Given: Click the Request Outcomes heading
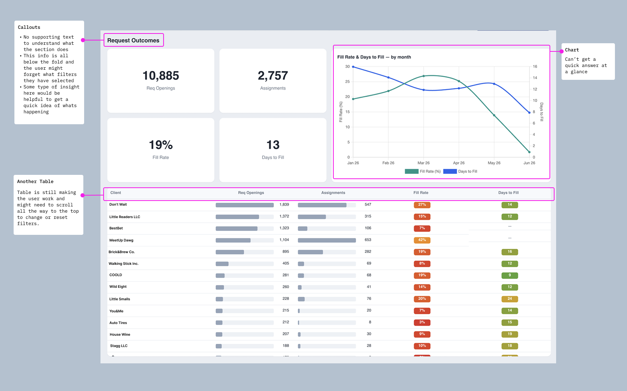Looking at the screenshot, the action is (133, 40).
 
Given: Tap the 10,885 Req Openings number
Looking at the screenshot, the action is (161, 76).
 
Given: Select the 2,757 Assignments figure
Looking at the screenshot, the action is (273, 76).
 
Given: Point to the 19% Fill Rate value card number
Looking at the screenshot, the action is (161, 145).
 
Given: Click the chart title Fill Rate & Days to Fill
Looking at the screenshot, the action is (374, 57).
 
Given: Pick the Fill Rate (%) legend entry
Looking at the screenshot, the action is (423, 171).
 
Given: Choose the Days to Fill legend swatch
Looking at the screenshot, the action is (450, 171).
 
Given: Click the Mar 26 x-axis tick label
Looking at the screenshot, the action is (423, 163).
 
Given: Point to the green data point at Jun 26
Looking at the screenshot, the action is (529, 152).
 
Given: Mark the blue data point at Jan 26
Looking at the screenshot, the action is (353, 67).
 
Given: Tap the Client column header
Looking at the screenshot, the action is (116, 192).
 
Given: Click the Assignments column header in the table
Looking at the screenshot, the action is (333, 192).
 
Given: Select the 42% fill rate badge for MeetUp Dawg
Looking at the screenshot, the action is (422, 240).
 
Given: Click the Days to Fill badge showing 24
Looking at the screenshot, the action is (510, 299).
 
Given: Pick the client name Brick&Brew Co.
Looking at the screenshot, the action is (122, 252).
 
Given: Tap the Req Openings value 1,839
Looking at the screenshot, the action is (284, 204).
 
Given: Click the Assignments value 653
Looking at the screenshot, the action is (368, 240).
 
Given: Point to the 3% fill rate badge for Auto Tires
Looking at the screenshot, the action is (422, 322).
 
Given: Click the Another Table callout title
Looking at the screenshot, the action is (35, 181).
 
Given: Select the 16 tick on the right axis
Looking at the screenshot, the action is (535, 67).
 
